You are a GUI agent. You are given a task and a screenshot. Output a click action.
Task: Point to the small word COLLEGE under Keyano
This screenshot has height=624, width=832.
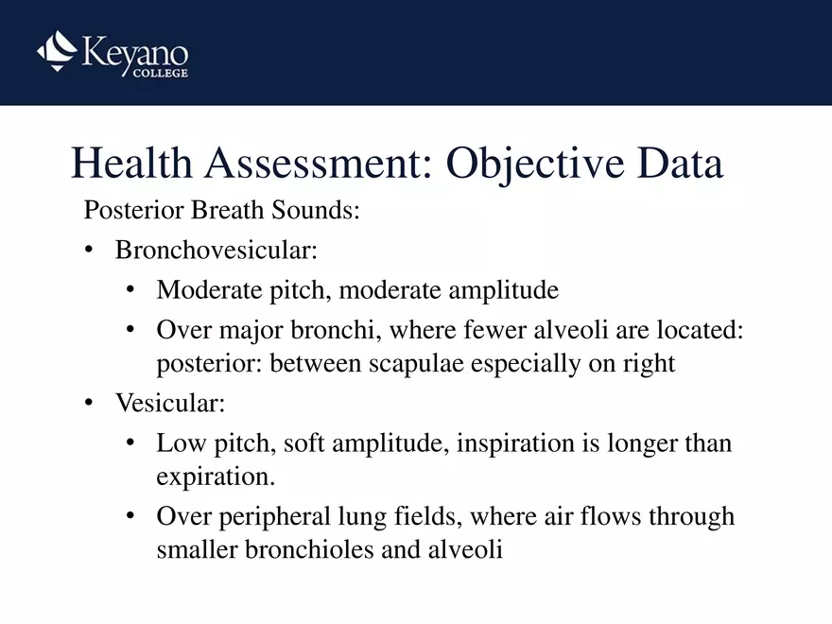(x=160, y=73)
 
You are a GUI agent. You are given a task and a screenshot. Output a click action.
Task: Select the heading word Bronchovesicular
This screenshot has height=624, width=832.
(x=216, y=251)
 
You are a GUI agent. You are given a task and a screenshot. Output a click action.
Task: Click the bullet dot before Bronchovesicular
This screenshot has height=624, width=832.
(x=89, y=251)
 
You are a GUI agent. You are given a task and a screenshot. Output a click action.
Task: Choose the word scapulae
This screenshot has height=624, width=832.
(x=414, y=364)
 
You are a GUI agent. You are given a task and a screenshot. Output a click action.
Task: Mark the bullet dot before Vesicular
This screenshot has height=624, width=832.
(x=89, y=404)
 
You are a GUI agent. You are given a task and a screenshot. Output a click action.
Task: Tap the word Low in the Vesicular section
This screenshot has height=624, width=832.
(x=177, y=442)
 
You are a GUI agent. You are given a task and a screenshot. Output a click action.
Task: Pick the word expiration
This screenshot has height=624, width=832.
(x=215, y=477)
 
